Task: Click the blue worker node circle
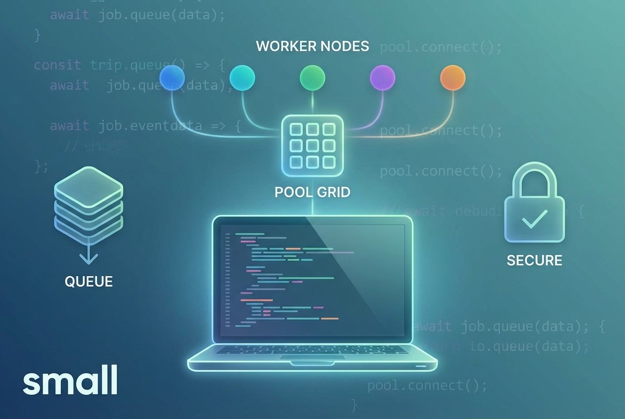tap(172, 78)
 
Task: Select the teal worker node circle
tap(242, 78)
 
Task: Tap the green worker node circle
tap(312, 78)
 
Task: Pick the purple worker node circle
tap(383, 78)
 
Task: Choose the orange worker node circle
tap(453, 78)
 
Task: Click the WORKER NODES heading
tap(312, 46)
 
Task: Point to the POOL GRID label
tap(312, 192)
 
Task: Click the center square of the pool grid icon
tap(312, 145)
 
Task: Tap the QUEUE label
tap(89, 282)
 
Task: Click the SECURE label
tap(535, 260)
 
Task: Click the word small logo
tap(70, 379)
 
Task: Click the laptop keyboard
tap(312, 350)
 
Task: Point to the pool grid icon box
tap(312, 145)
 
